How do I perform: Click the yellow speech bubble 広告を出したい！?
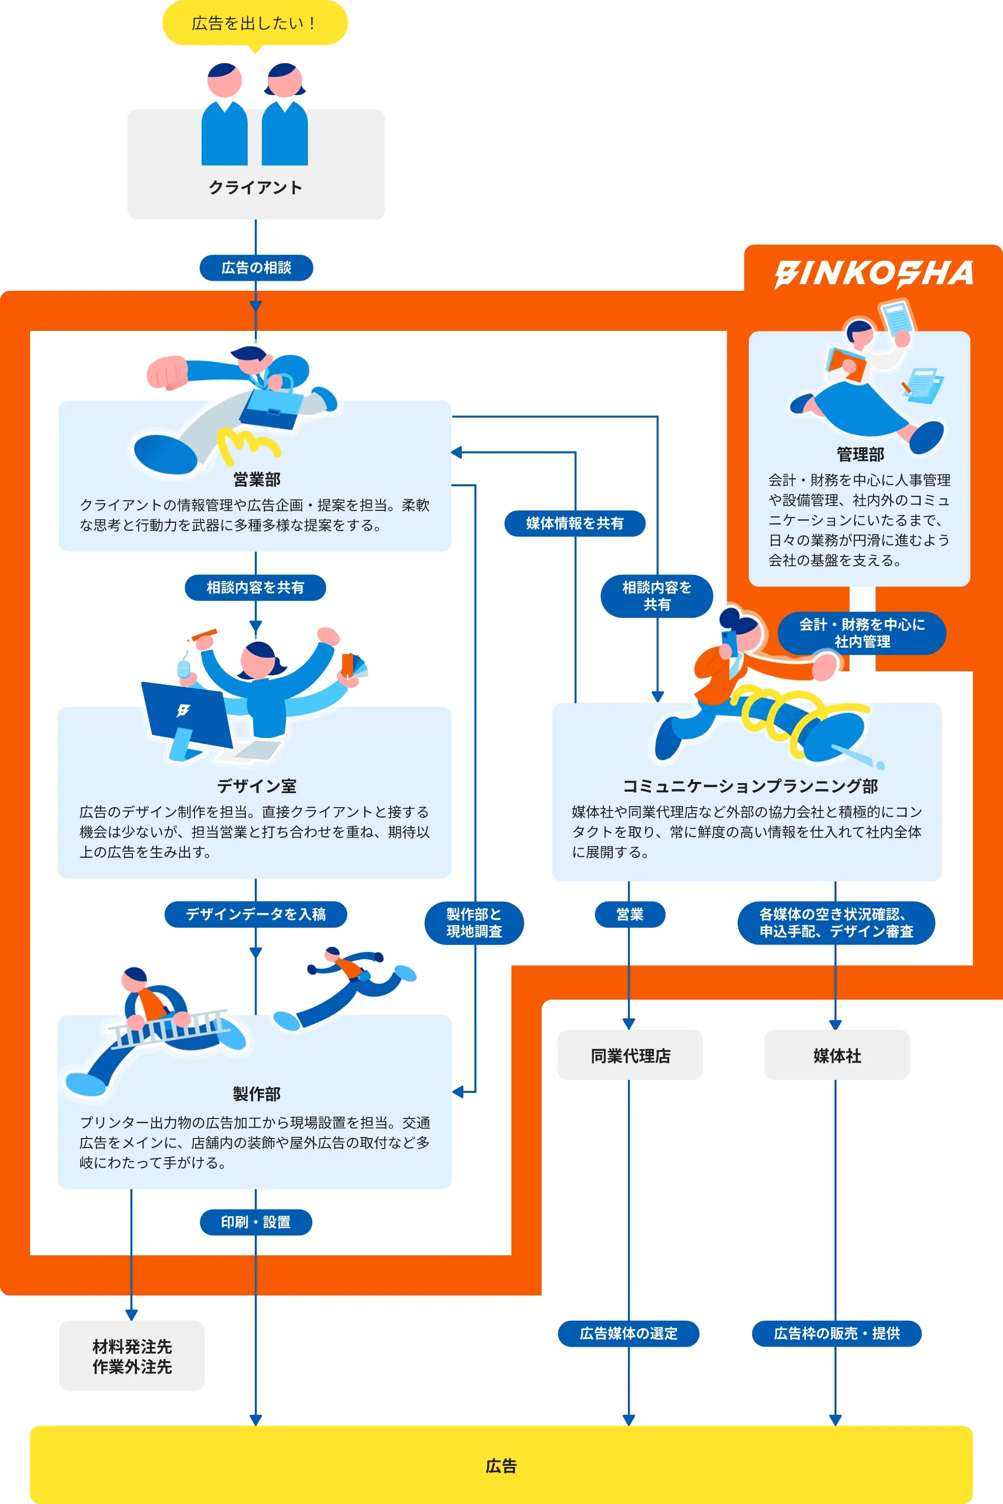(x=255, y=23)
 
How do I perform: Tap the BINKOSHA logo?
(x=873, y=274)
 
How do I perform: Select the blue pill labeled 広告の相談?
(x=256, y=267)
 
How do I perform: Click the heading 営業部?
(x=256, y=479)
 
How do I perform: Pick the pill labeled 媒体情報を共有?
(x=574, y=523)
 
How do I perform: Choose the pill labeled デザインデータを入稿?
(x=256, y=914)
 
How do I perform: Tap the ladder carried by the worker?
(x=168, y=1028)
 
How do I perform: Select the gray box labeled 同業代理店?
(x=630, y=1056)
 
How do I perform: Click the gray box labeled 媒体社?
(x=837, y=1056)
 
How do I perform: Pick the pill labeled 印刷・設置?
(x=256, y=1222)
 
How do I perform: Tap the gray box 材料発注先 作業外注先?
(x=132, y=1356)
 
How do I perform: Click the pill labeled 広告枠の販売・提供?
(x=836, y=1333)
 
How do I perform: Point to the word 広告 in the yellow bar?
(x=501, y=1465)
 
